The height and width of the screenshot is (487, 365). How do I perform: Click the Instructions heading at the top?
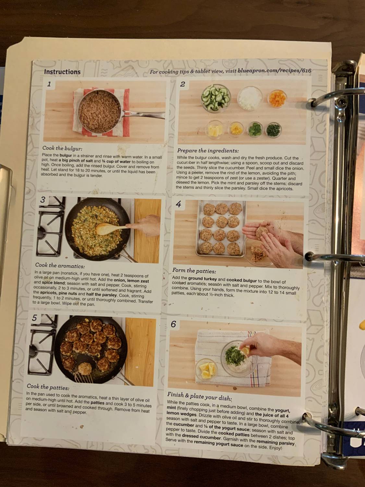[62, 72]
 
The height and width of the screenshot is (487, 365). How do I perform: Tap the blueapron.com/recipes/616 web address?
[274, 70]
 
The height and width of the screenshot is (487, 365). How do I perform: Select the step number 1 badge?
[49, 84]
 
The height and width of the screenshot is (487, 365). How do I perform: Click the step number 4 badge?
[178, 204]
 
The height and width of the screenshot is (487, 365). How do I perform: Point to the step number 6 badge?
[174, 324]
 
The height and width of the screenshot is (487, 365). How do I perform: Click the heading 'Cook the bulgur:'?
[62, 148]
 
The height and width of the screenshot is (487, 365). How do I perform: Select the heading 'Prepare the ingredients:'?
[208, 151]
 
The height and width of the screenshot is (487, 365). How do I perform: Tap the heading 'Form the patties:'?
[194, 270]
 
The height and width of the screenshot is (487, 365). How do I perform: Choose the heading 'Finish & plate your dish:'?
[199, 396]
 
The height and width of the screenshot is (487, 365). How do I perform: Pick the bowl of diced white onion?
[249, 98]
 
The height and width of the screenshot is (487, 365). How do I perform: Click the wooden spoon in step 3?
[110, 228]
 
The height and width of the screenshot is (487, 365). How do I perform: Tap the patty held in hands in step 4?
[262, 233]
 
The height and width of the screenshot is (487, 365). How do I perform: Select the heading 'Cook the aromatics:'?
[60, 266]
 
